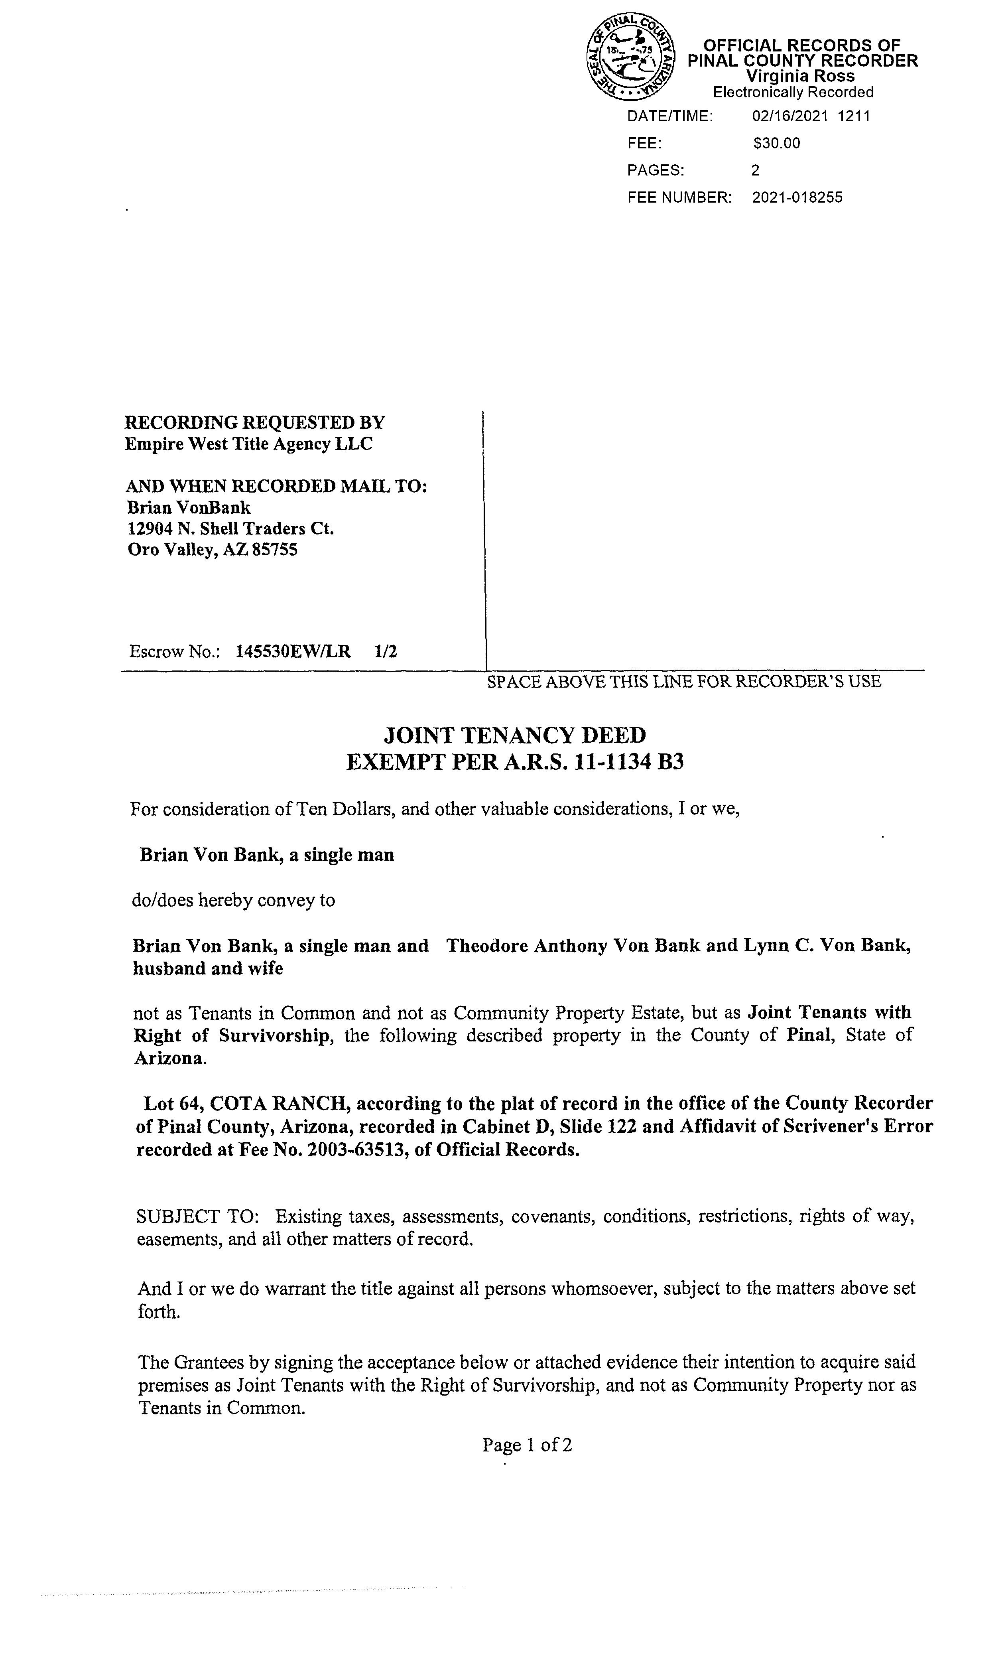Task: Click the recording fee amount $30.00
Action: pos(776,143)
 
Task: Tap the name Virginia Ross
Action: pos(800,76)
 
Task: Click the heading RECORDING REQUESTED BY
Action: pos(254,423)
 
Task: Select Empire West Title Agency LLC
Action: pos(248,444)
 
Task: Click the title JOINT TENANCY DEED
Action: pos(515,735)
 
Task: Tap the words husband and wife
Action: pos(208,968)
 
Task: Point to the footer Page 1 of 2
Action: pos(526,1445)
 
